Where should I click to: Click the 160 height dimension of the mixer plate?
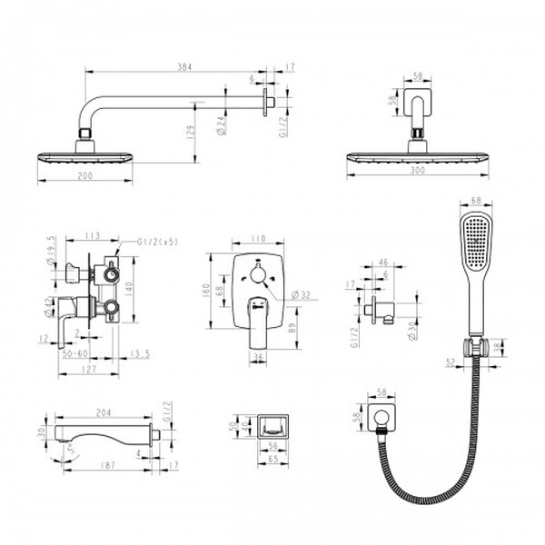point(207,289)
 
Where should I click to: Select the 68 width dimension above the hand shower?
point(475,203)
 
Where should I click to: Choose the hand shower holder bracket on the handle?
point(473,346)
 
